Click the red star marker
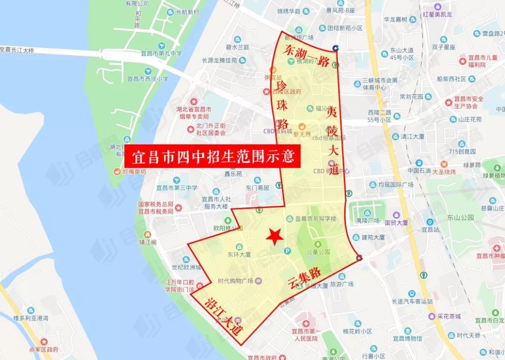[274, 237]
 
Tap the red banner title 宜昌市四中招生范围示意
[211, 156]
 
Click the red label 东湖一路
[308, 57]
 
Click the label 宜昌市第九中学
[161, 54]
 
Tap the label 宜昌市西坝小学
[147, 79]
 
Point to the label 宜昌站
[429, 230]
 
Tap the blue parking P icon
[287, 251]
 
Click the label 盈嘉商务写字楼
[316, 219]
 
